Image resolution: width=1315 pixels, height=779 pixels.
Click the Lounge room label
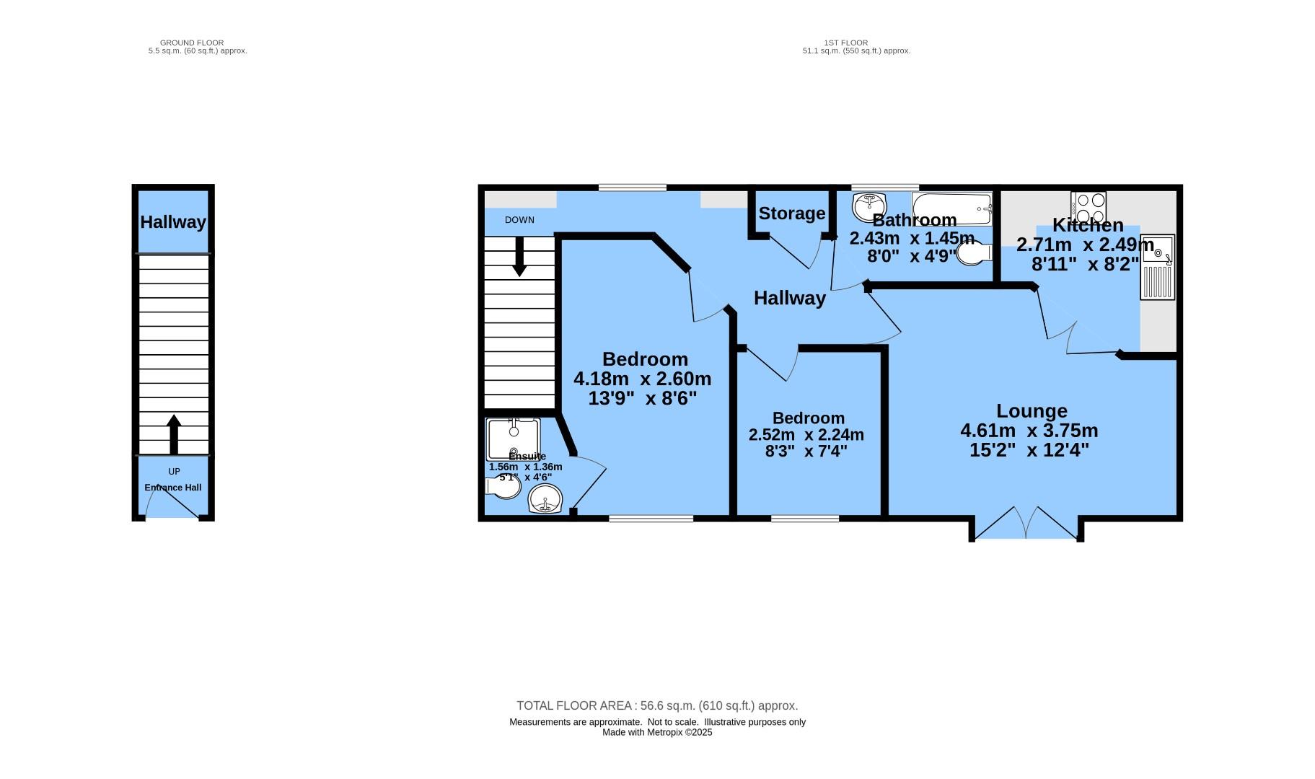[1032, 411]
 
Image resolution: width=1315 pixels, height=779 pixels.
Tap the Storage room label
[792, 214]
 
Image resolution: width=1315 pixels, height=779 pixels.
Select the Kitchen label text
[1088, 225]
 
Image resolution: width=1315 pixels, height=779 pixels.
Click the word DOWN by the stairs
[519, 220]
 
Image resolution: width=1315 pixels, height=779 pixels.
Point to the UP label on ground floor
[174, 472]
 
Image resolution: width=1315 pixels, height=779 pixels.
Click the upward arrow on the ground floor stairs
[173, 434]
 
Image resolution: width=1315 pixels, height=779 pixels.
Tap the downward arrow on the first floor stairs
[519, 257]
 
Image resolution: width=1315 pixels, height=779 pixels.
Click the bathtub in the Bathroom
[952, 208]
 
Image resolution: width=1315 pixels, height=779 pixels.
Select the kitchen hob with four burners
[1088, 208]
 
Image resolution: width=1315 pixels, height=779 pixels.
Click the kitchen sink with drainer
[1158, 267]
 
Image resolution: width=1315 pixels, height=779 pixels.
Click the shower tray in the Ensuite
[513, 439]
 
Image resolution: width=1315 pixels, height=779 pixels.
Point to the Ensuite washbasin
[545, 499]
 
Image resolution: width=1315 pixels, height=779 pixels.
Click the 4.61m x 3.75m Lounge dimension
[1029, 431]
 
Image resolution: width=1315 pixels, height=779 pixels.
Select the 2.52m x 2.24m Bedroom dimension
[806, 435]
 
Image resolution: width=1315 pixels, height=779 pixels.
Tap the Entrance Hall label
[173, 488]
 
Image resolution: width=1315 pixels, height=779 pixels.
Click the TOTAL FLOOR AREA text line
[657, 706]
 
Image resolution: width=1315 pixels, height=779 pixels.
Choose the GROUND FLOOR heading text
[192, 43]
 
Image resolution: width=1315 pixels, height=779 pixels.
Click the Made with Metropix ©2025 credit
[657, 732]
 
